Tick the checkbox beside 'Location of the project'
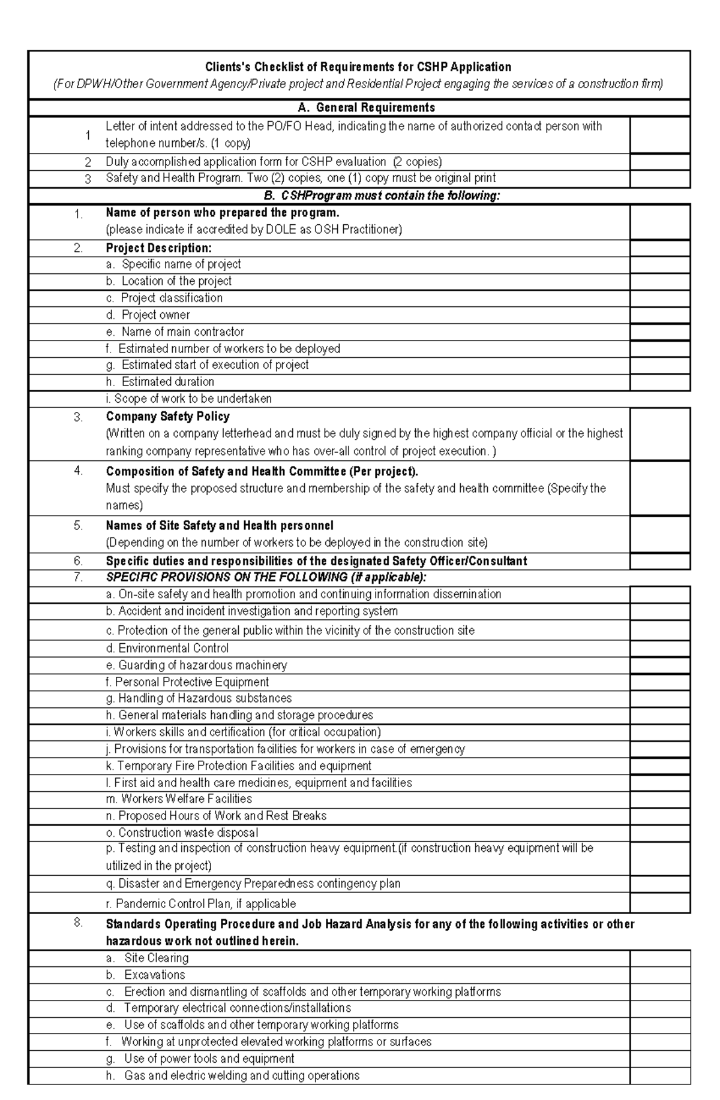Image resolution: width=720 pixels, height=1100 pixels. click(x=659, y=282)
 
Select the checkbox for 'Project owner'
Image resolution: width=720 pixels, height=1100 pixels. click(x=659, y=315)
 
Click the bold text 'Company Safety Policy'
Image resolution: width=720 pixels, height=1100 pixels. click(x=167, y=416)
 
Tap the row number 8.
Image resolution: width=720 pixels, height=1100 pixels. click(x=78, y=923)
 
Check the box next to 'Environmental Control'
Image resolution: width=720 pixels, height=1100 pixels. click(x=659, y=649)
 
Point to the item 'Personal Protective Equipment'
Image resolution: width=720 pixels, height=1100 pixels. click(x=191, y=682)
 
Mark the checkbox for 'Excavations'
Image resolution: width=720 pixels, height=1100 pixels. click(x=659, y=975)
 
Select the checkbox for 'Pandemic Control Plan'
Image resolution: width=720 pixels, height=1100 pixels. click(x=659, y=903)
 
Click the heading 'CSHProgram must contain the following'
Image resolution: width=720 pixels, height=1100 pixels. click(x=382, y=196)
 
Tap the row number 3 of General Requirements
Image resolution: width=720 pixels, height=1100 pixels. click(x=88, y=179)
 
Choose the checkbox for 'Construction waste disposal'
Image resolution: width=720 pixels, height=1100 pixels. click(x=659, y=833)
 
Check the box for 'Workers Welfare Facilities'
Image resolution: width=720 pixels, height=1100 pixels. click(x=659, y=799)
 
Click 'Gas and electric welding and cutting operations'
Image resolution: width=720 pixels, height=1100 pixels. click(x=241, y=1075)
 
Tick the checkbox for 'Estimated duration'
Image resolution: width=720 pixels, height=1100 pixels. click(x=659, y=382)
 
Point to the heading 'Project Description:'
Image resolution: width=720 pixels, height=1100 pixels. click(x=158, y=248)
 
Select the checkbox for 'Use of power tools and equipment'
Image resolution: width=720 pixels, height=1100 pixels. click(x=659, y=1059)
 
